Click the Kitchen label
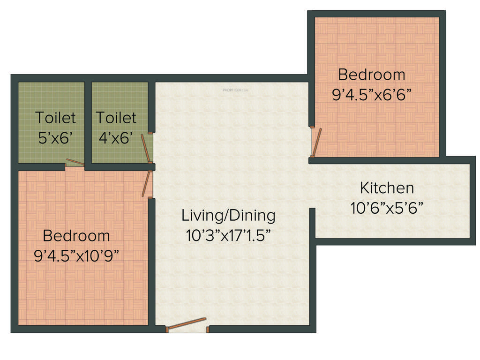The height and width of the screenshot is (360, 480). [x=387, y=188]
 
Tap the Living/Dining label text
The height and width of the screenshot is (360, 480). [x=228, y=216]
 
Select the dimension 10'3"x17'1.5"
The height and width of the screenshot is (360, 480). [x=228, y=235]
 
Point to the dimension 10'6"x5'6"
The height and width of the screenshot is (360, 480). [x=387, y=207]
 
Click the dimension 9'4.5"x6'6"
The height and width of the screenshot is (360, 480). [x=372, y=95]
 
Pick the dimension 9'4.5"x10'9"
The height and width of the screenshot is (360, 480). [x=76, y=255]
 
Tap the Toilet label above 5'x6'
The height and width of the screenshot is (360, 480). [x=55, y=117]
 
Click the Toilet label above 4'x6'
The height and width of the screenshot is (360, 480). [x=116, y=117]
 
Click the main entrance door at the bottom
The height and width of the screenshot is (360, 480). [x=187, y=324]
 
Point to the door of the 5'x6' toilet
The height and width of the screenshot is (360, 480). [x=75, y=162]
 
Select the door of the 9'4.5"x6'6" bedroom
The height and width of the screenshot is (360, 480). [x=317, y=142]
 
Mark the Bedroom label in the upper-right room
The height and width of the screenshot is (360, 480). [x=372, y=75]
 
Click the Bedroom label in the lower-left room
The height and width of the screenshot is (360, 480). [x=76, y=235]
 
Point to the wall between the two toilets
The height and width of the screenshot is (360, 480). [x=88, y=122]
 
